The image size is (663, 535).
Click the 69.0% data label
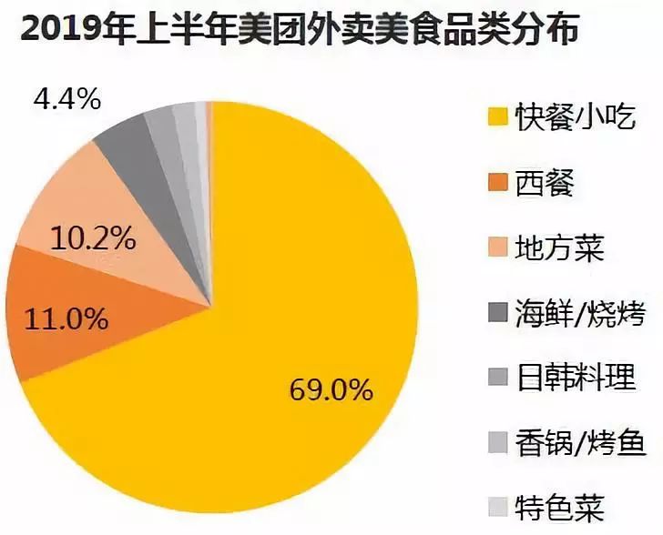[331, 391]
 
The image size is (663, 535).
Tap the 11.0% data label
[66, 319]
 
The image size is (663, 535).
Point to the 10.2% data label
[94, 240]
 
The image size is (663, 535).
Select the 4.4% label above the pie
[66, 98]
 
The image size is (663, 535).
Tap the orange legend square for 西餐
[495, 183]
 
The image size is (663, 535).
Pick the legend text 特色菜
[556, 507]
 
